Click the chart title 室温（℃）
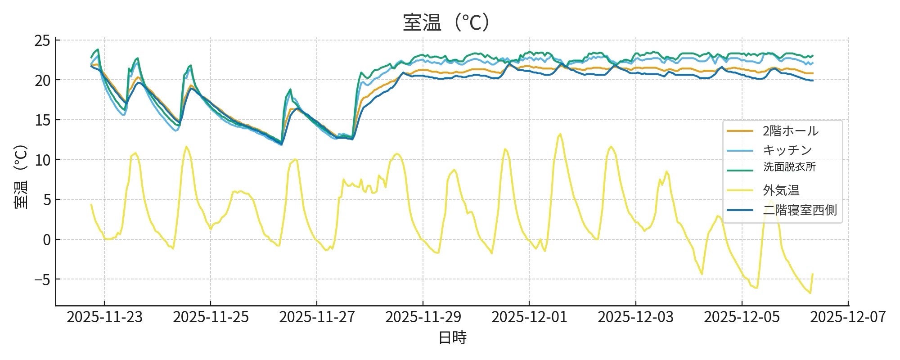tap(445, 22)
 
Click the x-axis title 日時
tap(452, 337)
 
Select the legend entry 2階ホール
tap(790, 131)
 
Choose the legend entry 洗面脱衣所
tap(789, 167)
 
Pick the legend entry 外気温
tap(781, 190)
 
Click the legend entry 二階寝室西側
tap(800, 210)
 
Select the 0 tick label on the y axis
tap(47, 239)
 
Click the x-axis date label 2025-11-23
tap(104, 317)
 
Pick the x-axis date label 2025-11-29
tap(423, 317)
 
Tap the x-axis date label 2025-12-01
tap(529, 317)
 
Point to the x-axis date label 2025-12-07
tap(848, 317)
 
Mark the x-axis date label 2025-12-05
tap(742, 317)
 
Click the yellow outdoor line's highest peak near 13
tap(560, 134)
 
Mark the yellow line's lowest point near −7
tap(810, 293)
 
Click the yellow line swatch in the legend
tap(740, 190)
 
